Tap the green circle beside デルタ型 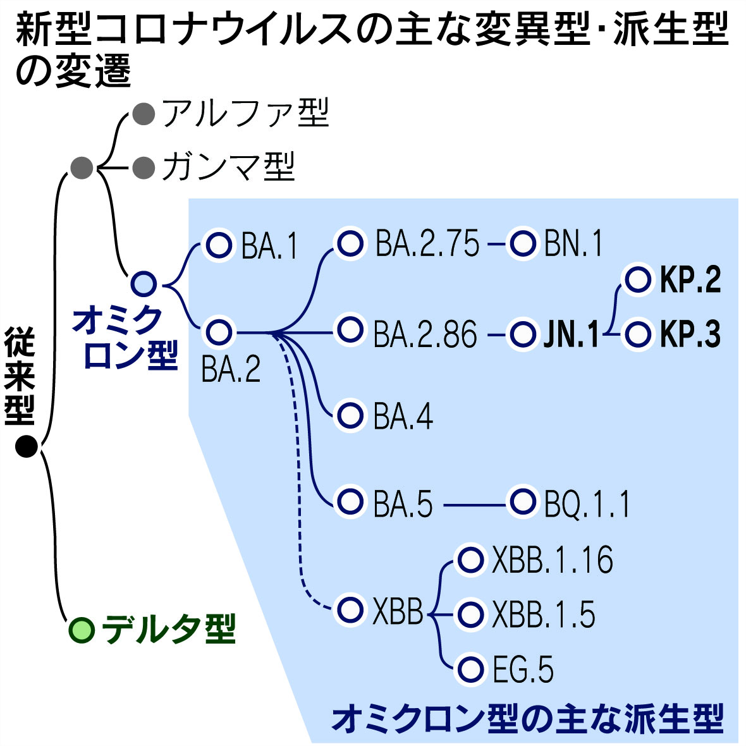(82, 628)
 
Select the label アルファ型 (245, 114)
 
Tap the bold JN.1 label (571, 334)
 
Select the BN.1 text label (573, 244)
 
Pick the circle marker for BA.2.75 (350, 243)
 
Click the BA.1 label (269, 247)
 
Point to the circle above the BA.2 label (219, 331)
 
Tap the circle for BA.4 (350, 415)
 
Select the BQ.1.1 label (587, 504)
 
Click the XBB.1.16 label (553, 560)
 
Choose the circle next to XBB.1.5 (470, 613)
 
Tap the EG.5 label (523, 670)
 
